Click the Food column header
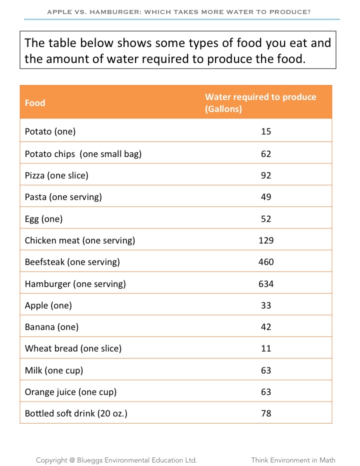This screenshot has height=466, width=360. (35, 103)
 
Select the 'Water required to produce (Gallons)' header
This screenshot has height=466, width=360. (260, 102)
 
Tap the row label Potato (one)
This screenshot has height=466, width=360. (50, 132)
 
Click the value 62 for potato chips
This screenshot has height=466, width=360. (266, 154)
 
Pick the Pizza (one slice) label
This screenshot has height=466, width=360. (56, 175)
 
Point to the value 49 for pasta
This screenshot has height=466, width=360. (266, 197)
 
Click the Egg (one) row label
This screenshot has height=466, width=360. (43, 219)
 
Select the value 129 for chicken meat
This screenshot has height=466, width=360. (266, 240)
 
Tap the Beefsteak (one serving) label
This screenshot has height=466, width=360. (72, 262)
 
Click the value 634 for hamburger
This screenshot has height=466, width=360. (266, 284)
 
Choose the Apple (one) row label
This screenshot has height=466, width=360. (48, 305)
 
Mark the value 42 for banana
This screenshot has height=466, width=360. (266, 327)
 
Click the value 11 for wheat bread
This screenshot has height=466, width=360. (266, 348)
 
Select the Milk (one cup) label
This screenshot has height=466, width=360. (54, 370)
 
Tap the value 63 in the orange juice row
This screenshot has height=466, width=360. (266, 392)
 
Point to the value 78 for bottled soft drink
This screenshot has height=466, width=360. (266, 414)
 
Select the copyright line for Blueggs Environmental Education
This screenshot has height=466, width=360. (116, 460)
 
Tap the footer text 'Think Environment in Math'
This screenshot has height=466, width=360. (293, 460)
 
